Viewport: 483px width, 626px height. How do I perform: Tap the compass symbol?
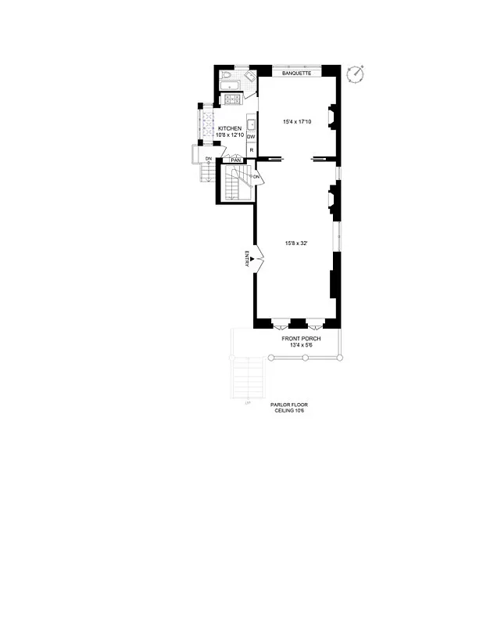358,74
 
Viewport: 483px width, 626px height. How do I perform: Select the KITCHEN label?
230,128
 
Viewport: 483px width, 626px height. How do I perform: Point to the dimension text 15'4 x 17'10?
298,121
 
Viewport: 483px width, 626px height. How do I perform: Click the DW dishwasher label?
251,137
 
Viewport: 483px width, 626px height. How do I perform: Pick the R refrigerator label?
251,149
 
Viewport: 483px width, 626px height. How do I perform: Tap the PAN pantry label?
234,160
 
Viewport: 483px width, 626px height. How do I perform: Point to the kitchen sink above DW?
251,124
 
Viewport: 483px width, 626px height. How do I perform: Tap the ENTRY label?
247,259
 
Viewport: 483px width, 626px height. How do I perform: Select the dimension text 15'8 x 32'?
295,243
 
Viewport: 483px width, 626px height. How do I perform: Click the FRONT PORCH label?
302,338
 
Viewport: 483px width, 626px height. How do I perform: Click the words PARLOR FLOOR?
286,405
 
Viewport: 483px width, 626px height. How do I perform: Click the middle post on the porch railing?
306,357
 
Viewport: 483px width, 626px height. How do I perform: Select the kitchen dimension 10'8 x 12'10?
230,135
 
